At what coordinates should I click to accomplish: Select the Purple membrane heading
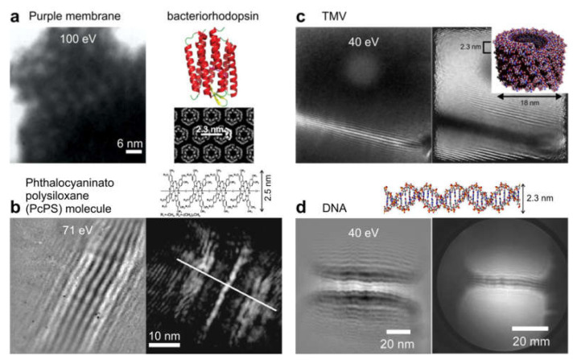tap(64, 16)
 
